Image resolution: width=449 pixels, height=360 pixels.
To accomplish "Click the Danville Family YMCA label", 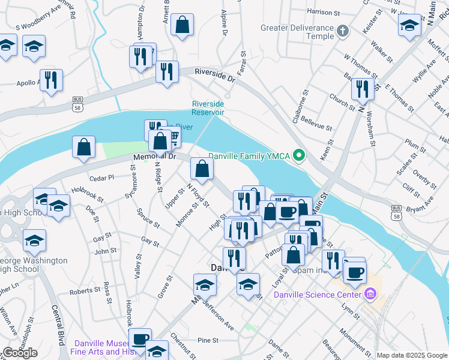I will click(x=249, y=157).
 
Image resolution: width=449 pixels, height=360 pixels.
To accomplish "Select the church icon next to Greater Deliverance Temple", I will click(x=343, y=31).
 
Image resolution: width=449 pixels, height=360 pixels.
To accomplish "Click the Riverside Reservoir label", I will click(x=208, y=107).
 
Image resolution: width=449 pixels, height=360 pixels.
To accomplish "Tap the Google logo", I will click(x=20, y=353).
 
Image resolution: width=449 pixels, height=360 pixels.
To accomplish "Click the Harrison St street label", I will click(x=323, y=11).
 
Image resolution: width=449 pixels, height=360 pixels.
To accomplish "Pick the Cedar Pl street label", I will click(x=101, y=178).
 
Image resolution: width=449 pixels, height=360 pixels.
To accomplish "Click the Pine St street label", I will click(x=208, y=340).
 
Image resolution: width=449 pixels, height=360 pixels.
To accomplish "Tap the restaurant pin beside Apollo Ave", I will click(x=51, y=80).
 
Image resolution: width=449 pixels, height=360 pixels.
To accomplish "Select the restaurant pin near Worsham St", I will click(x=363, y=89).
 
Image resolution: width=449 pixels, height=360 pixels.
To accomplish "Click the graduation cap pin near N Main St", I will click(x=409, y=25).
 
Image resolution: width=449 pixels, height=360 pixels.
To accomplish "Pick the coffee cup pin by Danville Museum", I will click(x=140, y=340).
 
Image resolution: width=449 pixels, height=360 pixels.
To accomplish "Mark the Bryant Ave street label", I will click(x=420, y=209).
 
